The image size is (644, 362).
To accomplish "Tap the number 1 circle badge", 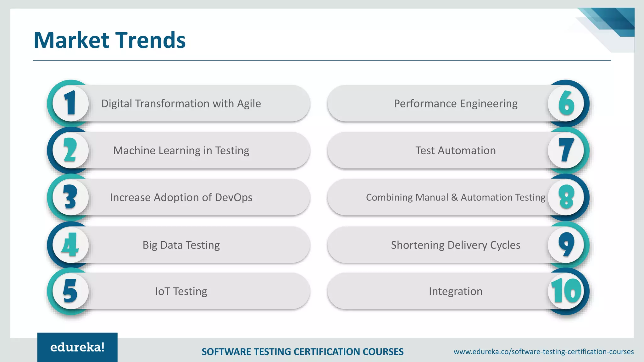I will tap(71, 103).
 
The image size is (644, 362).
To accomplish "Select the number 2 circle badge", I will tap(71, 150).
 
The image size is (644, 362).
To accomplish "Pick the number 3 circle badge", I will tap(71, 197).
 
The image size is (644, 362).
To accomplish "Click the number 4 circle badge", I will tap(71, 245).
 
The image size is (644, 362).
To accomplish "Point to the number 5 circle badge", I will tap(71, 291).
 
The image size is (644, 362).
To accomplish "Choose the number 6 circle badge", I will tap(566, 103).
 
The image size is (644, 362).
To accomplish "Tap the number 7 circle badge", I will tap(566, 150).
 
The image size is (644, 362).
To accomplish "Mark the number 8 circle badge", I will tap(566, 197).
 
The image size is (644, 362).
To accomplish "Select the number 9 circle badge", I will tap(566, 245).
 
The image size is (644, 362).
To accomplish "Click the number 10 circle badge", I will tap(566, 291).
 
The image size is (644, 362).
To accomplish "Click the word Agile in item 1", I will tap(249, 104).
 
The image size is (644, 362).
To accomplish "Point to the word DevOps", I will tap(234, 197).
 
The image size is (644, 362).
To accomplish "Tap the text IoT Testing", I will tap(181, 291).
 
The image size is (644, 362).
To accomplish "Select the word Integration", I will tap(456, 291).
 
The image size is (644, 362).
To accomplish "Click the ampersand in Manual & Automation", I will tap(454, 197).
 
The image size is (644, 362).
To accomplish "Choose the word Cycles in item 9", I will tap(505, 245).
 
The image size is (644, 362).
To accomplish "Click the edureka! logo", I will tap(77, 347).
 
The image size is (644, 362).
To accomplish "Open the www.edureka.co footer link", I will tap(543, 352).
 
